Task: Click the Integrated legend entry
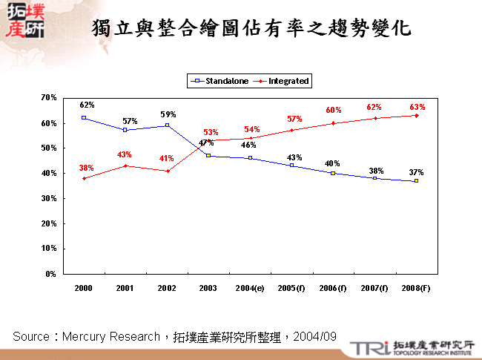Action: click(288, 81)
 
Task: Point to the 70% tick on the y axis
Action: click(49, 97)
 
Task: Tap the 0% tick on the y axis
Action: click(50, 274)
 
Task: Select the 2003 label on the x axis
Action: click(208, 287)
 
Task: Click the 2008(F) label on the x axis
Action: click(416, 287)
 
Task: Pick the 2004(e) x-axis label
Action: click(250, 287)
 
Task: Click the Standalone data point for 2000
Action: click(84, 117)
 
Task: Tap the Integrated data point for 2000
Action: click(84, 178)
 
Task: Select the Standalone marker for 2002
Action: click(167, 125)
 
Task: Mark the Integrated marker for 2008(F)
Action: click(417, 115)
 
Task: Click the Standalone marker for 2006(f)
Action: click(333, 173)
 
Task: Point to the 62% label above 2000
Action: click(88, 105)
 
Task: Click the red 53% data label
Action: click(210, 132)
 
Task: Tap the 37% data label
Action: click(416, 172)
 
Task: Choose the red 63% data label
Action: click(417, 107)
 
